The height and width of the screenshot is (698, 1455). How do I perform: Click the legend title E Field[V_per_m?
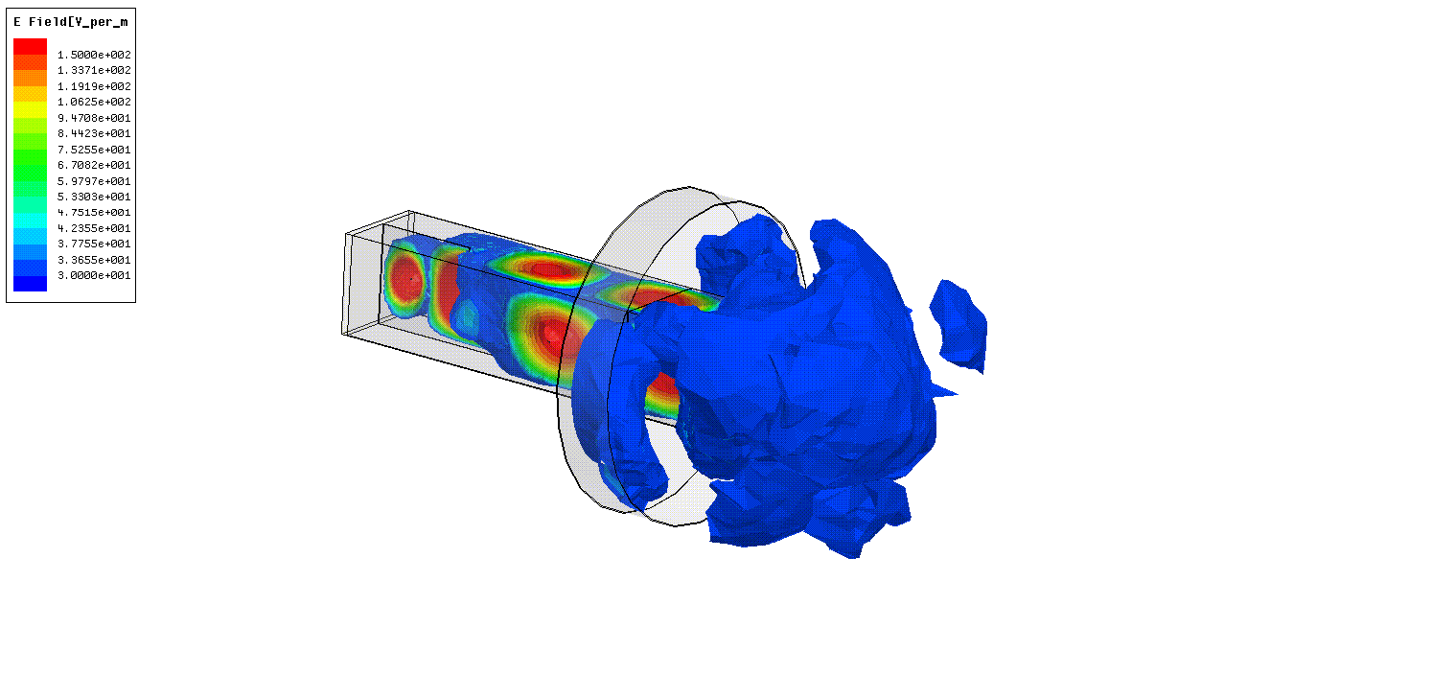(x=71, y=22)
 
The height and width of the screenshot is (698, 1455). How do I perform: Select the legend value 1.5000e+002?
(x=94, y=55)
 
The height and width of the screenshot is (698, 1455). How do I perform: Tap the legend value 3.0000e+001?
(x=94, y=275)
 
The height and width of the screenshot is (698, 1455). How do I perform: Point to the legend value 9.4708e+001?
(x=94, y=118)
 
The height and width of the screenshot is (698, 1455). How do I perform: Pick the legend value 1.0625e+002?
(x=94, y=102)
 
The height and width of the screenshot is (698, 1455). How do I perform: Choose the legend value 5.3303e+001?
(x=94, y=197)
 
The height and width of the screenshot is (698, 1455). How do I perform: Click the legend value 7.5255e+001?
(x=94, y=150)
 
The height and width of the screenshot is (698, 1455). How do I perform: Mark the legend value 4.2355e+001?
(x=94, y=228)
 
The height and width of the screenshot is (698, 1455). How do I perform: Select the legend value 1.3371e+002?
(x=94, y=70)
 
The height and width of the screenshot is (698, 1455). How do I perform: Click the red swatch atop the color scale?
(x=30, y=46)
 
